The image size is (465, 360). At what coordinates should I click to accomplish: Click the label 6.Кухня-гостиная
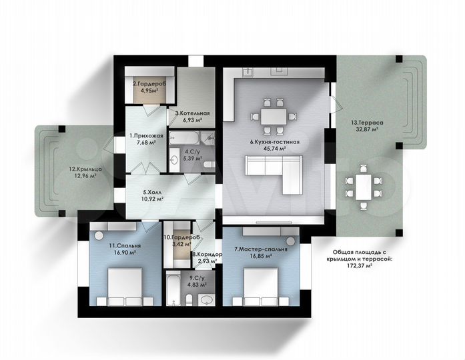point(275,142)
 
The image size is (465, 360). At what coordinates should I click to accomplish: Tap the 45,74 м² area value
point(275,149)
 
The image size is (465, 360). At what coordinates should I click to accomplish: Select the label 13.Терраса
point(367,123)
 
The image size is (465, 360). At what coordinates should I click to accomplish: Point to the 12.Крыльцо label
point(85,169)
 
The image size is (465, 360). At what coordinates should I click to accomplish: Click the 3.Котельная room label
point(192,113)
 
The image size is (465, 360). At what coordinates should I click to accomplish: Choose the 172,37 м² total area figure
point(360,266)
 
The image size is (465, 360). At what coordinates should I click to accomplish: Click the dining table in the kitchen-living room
point(274,117)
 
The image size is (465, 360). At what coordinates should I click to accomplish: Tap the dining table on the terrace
point(364,187)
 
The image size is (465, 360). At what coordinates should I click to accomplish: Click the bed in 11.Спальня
point(125,287)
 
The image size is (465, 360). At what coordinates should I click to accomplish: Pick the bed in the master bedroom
point(261,287)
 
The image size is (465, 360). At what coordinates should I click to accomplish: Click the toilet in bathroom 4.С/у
point(209,165)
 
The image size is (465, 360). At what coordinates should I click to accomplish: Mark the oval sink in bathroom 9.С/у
point(206,301)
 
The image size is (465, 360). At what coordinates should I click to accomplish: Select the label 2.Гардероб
point(149,84)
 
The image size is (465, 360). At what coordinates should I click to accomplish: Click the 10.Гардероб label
point(181,237)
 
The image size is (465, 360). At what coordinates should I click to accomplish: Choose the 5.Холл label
point(153,192)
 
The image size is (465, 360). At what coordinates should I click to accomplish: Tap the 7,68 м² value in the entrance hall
point(147,143)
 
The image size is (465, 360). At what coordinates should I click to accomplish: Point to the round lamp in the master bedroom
point(290,241)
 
